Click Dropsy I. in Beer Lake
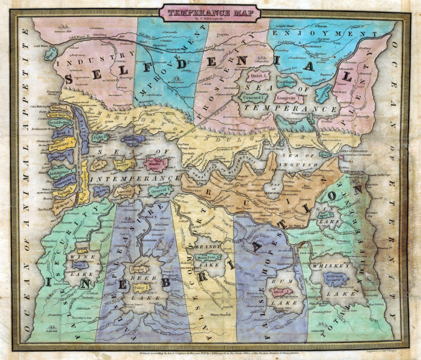tap(138, 270)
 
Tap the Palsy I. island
tap(141, 287)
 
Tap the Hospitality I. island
tap(62, 145)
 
